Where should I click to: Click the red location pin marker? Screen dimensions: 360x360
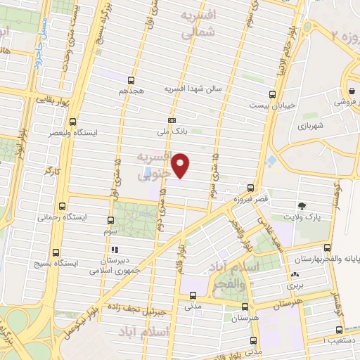click(181, 165)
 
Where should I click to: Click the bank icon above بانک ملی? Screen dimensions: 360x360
click(172, 120)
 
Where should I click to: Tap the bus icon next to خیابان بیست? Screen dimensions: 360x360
click(273, 94)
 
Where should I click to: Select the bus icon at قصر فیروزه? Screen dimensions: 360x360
click(251, 188)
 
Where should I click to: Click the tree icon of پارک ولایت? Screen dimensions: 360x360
click(302, 205)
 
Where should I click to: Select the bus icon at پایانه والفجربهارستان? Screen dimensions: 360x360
click(327, 247)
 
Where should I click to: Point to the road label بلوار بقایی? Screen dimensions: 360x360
click(53, 101)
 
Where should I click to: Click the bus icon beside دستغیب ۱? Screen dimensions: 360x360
click(340, 330)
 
